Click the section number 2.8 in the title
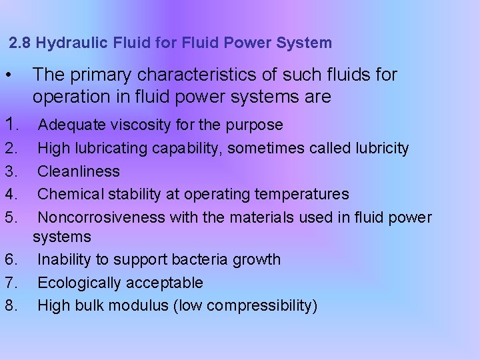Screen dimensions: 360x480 (21, 44)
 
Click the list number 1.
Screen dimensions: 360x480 (11, 125)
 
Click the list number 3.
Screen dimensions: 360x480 (10, 171)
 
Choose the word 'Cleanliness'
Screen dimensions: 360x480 (79, 171)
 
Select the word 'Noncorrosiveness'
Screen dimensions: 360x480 (101, 217)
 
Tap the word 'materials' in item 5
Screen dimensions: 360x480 (256, 217)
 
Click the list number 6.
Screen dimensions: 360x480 (10, 259)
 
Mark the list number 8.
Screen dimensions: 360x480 (10, 305)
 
